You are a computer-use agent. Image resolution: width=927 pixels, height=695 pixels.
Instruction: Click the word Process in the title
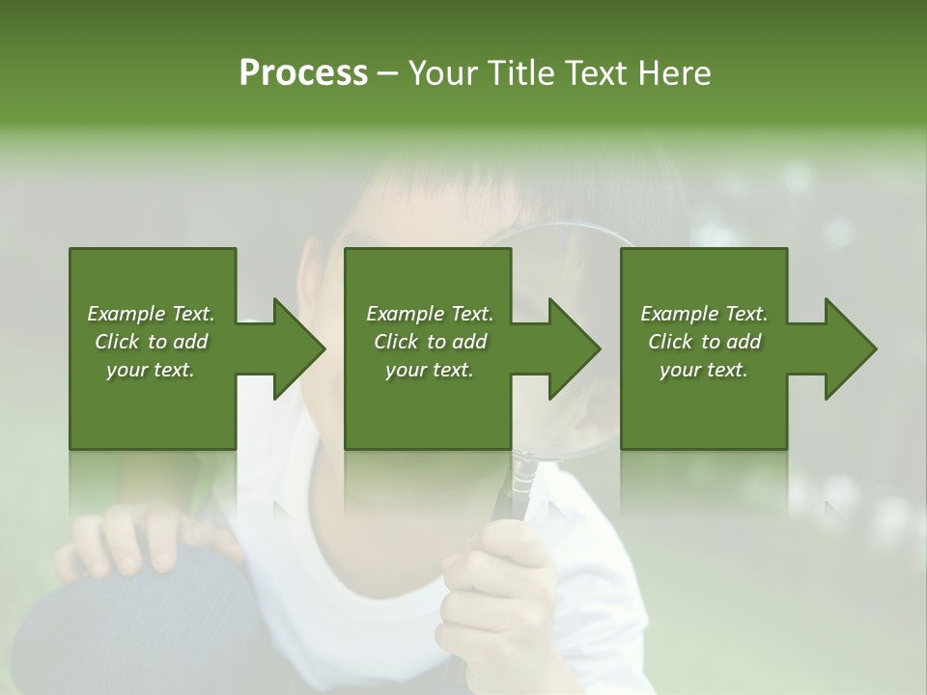coord(303,73)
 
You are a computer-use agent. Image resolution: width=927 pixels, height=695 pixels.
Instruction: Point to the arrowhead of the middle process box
coord(573,348)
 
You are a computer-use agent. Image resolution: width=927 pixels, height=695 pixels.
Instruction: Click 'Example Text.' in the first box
coord(151,314)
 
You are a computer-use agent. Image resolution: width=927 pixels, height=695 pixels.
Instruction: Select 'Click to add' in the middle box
coord(430,342)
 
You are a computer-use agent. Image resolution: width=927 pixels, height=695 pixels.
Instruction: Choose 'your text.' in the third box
coord(704,370)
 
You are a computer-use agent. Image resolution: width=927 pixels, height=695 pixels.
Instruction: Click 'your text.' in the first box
coord(151,370)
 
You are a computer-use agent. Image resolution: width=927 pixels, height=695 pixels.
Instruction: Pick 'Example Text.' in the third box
coord(704,314)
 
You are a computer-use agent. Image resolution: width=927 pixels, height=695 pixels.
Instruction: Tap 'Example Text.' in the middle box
coord(430,314)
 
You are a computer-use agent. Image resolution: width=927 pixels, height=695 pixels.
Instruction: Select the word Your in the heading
coord(442,73)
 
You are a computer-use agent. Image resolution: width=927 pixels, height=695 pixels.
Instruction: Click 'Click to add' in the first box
coord(151,342)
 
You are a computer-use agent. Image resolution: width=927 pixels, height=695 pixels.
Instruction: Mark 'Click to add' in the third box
coord(704,342)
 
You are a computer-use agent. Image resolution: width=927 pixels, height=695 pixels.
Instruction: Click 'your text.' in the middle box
coord(430,370)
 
